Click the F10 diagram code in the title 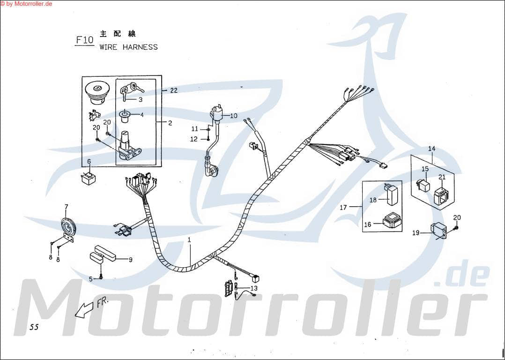pyautogui.click(x=85, y=40)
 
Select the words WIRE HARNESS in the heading pyautogui.click(x=128, y=47)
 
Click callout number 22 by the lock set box pyautogui.click(x=174, y=90)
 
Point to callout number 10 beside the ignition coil pyautogui.click(x=233, y=115)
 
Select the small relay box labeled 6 pyautogui.click(x=88, y=179)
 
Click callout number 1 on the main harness pyautogui.click(x=189, y=240)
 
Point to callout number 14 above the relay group pyautogui.click(x=431, y=149)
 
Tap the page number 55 pyautogui.click(x=33, y=327)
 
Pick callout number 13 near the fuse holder pyautogui.click(x=254, y=288)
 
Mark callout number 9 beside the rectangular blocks pyautogui.click(x=130, y=259)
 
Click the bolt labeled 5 pyautogui.click(x=101, y=277)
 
